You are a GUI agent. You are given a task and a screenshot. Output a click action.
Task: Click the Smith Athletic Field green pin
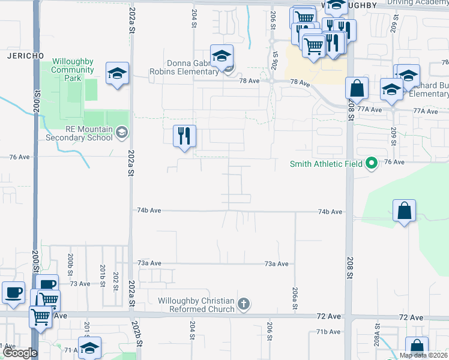(x=372, y=163)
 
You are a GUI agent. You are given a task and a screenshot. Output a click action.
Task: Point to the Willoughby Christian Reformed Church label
(x=196, y=305)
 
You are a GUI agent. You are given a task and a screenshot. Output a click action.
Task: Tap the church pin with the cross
(x=243, y=304)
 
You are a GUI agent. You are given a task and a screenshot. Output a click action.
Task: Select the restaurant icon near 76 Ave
(x=184, y=136)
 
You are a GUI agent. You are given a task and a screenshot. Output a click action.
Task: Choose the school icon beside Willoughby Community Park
(x=118, y=74)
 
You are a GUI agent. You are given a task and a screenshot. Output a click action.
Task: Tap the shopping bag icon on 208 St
(x=357, y=88)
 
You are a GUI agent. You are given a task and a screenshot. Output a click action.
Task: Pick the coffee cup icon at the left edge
(x=13, y=292)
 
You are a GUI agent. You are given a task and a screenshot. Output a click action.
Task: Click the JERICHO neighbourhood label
(x=25, y=56)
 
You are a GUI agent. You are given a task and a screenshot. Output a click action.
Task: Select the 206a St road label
(x=295, y=298)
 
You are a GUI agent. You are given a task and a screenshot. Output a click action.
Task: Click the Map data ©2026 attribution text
(x=423, y=355)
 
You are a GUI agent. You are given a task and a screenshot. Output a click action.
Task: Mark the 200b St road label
(x=70, y=260)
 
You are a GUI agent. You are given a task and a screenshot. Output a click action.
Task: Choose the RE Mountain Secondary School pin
(x=121, y=132)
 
